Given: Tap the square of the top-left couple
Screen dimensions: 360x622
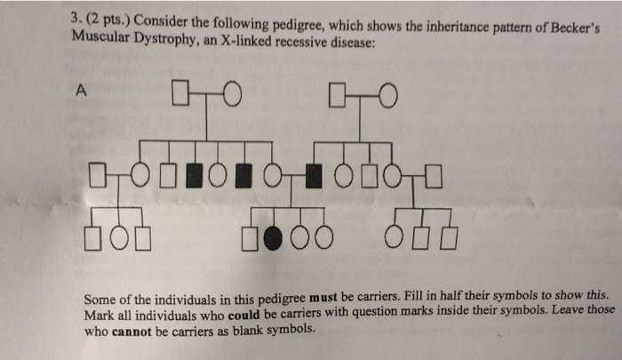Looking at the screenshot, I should coord(182,93).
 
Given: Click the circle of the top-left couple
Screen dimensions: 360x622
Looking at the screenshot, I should coord(232,93).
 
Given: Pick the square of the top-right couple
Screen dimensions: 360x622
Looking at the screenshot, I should coord(337,93).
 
